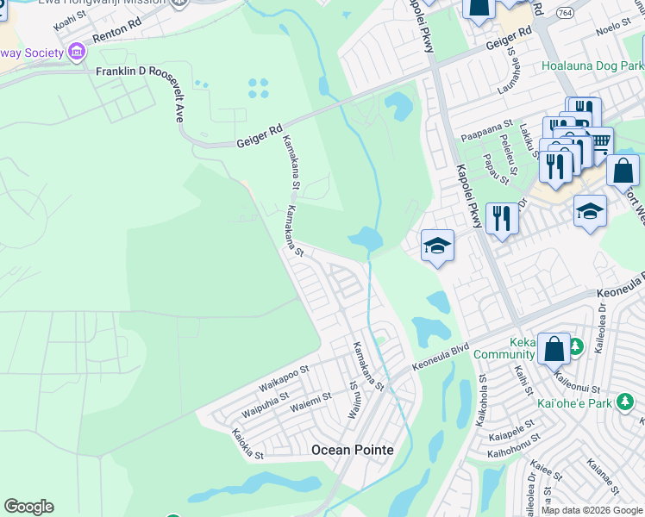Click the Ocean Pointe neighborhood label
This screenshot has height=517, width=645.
pos(352,450)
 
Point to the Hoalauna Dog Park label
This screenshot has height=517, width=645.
pos(593,65)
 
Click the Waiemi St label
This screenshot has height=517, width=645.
pos(311,401)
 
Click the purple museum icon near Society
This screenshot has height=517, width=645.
pos(77,53)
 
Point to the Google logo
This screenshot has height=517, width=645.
pos(28,507)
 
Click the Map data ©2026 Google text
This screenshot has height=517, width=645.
pos(592,510)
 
